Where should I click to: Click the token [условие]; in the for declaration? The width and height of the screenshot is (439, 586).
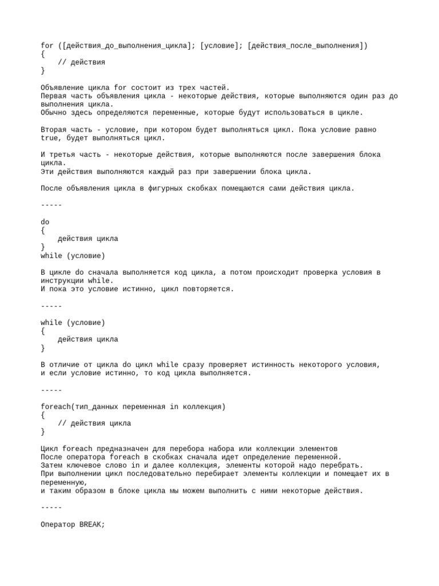(x=219, y=45)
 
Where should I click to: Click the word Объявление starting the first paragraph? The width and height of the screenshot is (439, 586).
(x=62, y=88)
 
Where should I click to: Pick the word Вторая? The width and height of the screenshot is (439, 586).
(x=54, y=130)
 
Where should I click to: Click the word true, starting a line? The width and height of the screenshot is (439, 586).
(x=51, y=138)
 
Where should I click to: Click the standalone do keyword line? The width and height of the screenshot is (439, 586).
(x=45, y=222)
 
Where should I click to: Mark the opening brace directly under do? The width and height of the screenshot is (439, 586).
(x=43, y=230)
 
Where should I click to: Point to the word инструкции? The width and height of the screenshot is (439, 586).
(x=62, y=281)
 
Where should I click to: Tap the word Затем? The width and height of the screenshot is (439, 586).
(x=51, y=465)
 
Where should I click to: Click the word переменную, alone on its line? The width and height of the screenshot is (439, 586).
(x=64, y=482)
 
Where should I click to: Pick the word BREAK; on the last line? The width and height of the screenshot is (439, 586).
(x=92, y=525)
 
